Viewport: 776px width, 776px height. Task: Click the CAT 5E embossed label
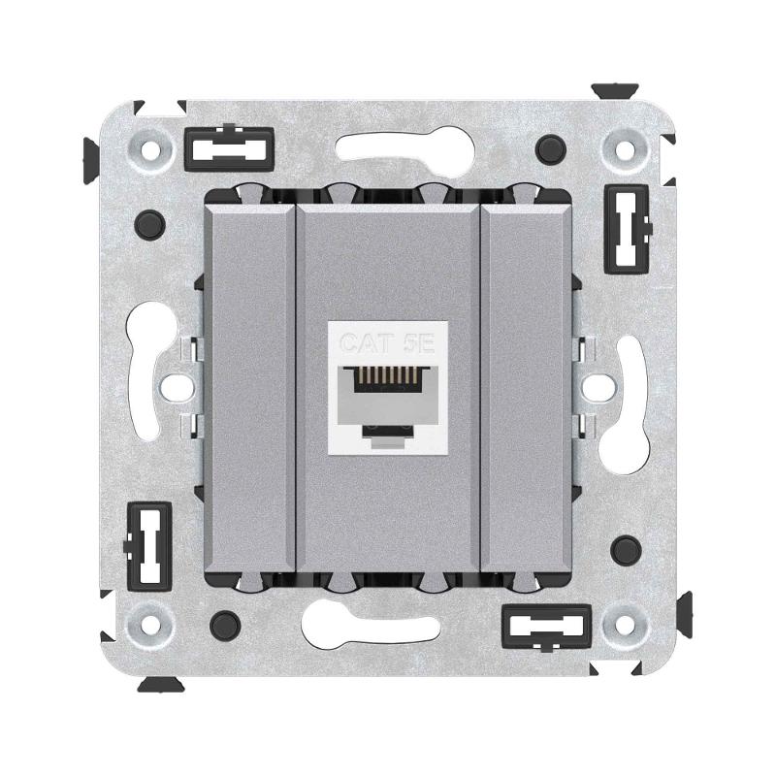coord(387,343)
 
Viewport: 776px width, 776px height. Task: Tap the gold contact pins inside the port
coord(388,377)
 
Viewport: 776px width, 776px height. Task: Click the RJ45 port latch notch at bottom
coord(387,435)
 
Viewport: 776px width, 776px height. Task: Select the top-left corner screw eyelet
coord(150,148)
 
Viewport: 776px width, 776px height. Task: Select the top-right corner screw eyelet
coord(625,148)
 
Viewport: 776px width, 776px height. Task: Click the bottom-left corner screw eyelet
coord(149,623)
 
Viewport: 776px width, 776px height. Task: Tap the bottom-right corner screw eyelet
coord(625,623)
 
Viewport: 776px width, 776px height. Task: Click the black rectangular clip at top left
coord(229,148)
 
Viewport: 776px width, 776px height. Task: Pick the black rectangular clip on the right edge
coord(627,229)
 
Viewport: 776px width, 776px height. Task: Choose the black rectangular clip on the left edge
coord(148,546)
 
